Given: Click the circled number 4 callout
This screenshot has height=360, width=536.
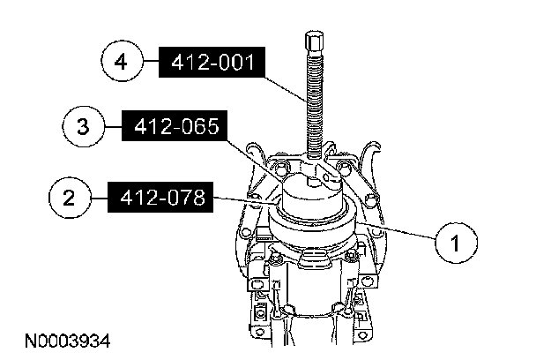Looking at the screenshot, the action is (x=122, y=62).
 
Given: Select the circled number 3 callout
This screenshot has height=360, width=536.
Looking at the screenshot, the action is (x=83, y=126).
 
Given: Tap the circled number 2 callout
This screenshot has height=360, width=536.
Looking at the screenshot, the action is (x=70, y=198).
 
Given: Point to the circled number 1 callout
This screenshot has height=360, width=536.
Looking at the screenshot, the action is (x=456, y=243).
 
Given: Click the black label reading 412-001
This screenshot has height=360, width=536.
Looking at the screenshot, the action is (x=212, y=62).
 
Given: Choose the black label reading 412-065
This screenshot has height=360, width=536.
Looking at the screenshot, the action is (x=175, y=125).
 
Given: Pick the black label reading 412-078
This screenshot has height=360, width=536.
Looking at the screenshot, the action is (x=160, y=198).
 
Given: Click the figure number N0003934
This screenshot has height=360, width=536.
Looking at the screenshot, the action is (x=68, y=341).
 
